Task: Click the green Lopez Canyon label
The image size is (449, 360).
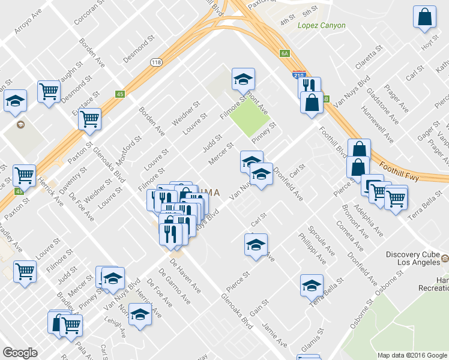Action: pos(321,25)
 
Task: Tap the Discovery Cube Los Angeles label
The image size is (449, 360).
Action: pos(414,259)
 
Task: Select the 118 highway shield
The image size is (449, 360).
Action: pos(157,62)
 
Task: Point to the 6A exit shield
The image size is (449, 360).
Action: pos(285,53)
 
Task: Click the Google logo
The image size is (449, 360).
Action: pos(20,353)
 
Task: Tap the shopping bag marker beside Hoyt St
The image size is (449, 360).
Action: pos(424,19)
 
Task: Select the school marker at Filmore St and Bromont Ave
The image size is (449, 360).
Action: pos(243,80)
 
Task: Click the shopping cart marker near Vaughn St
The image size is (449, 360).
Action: pos(49,92)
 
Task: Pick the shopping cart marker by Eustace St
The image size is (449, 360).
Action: pos(89,119)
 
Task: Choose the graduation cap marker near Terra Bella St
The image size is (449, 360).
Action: pos(312,285)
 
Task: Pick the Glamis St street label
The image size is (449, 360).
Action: pos(313,340)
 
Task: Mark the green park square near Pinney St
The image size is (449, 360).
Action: pos(250,115)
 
